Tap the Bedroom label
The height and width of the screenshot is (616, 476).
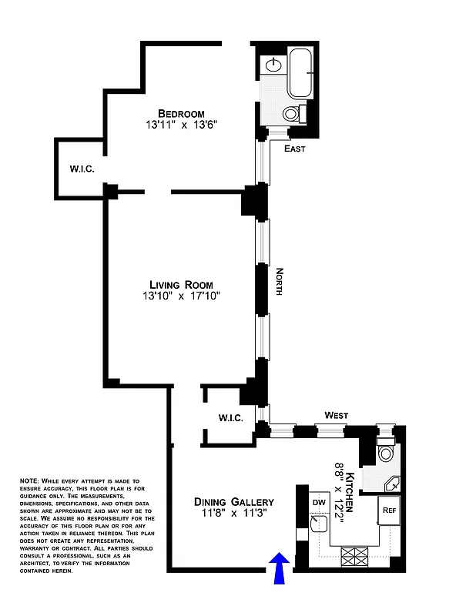click(182, 113)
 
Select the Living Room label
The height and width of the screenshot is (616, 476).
click(182, 285)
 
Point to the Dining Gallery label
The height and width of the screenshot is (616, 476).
click(233, 502)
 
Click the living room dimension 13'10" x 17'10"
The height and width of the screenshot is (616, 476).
click(182, 296)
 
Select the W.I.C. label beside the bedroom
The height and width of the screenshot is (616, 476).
click(82, 169)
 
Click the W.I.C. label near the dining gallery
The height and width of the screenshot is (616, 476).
click(230, 419)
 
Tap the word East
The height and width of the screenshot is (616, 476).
click(295, 149)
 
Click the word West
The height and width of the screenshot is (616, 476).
click(336, 416)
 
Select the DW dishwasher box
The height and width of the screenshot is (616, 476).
click(319, 501)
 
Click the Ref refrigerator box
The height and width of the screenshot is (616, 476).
click(389, 509)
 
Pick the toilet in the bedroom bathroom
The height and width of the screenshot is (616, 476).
click(293, 114)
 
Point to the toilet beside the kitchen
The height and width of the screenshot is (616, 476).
click(385, 454)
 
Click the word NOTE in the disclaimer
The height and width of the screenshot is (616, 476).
click(29, 481)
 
